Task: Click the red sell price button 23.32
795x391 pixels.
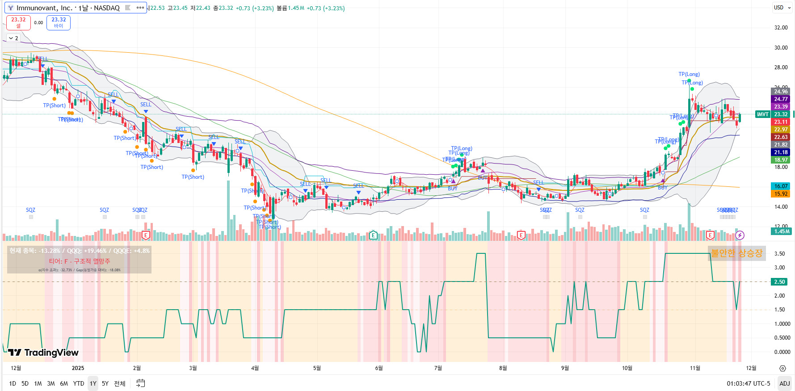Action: pos(18,22)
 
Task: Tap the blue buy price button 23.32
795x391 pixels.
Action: pos(59,22)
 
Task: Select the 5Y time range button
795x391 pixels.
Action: pos(105,383)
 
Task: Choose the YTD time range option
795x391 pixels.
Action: pos(79,383)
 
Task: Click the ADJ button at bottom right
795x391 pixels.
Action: pos(784,383)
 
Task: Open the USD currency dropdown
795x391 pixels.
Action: pos(781,8)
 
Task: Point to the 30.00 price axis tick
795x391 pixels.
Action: pos(781,48)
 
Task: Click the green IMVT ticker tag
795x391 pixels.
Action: pos(762,114)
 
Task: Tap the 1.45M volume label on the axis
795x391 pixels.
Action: pos(782,231)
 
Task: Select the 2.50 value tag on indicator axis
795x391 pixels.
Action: pos(779,282)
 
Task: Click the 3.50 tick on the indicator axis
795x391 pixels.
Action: pos(779,254)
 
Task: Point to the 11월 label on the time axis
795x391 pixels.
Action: pos(695,368)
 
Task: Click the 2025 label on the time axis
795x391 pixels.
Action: pos(78,368)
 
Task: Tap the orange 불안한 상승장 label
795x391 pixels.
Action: pos(736,253)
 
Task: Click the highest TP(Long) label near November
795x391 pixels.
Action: pos(689,74)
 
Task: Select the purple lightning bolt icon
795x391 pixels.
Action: pos(740,235)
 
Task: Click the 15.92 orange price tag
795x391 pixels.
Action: pos(781,194)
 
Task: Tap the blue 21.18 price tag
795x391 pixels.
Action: pos(781,152)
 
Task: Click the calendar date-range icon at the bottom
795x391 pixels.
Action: pos(140,383)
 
